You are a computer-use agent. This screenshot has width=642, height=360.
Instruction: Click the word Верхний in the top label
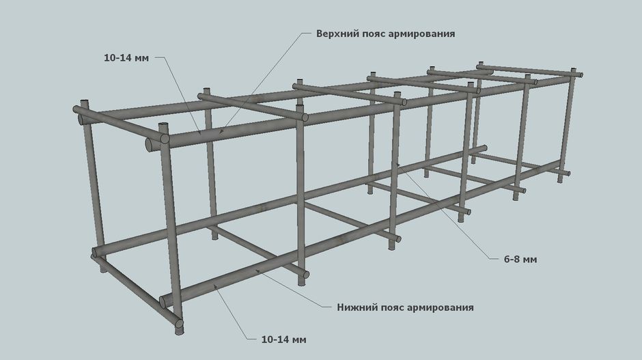click(337, 33)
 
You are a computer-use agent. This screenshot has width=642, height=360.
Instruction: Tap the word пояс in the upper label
click(374, 33)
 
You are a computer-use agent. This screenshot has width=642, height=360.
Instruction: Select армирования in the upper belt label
click(421, 33)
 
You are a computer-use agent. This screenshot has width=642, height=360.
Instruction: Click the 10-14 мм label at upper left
click(126, 58)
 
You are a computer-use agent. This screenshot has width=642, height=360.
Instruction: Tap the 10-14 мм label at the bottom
click(283, 340)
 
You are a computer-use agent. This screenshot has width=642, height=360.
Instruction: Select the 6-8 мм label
click(520, 260)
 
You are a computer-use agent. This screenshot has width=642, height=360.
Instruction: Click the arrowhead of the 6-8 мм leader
click(397, 164)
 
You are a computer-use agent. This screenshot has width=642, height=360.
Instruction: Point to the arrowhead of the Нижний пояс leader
click(257, 271)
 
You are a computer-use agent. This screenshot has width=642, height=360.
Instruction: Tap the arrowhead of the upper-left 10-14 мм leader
click(199, 132)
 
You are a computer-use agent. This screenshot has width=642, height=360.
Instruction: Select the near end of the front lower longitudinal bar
click(163, 302)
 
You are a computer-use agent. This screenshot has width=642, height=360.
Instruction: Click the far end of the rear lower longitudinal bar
click(485, 148)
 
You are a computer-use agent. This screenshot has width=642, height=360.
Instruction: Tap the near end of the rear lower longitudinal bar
click(96, 252)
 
